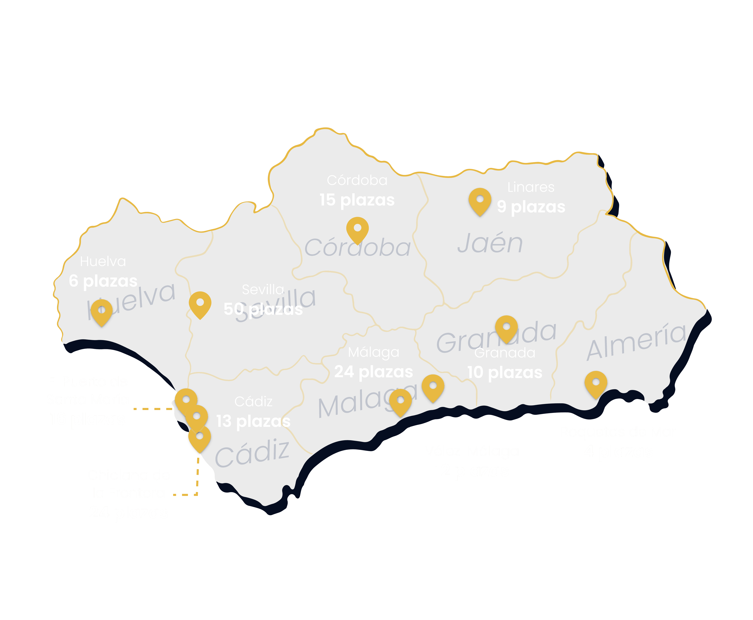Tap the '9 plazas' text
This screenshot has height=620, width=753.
click(x=531, y=207)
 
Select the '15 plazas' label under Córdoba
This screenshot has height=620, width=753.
click(x=357, y=200)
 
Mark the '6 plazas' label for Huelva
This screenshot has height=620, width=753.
click(x=103, y=281)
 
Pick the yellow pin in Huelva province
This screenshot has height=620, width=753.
click(x=101, y=312)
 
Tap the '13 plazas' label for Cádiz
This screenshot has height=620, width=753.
click(x=254, y=421)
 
